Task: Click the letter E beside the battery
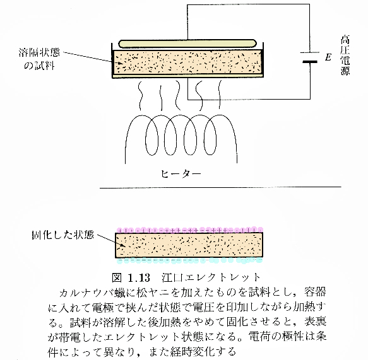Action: pos(328,57)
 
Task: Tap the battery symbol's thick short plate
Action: pos(310,62)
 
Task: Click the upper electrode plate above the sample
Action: pos(187,44)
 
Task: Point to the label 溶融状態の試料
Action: pos(39,59)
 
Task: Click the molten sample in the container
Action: pos(187,62)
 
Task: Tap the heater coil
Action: pos(181,138)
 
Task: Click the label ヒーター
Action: pos(181,174)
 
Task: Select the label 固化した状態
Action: pos(63,235)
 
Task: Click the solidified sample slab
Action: pos(189,245)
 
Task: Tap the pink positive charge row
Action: pos(189,230)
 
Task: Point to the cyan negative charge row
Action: pos(189,260)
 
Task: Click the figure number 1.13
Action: pos(139,278)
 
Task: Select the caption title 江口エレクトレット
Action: pos(211,278)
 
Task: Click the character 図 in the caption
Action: pos(117,278)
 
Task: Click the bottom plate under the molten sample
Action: pos(187,76)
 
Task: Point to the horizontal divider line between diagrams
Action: pos(220,187)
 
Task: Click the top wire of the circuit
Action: pos(248,4)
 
